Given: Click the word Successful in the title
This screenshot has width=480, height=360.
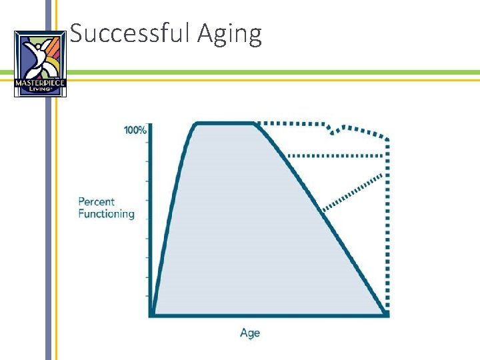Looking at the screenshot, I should pyautogui.click(x=131, y=33).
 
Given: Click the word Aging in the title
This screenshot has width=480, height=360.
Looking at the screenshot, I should pyautogui.click(x=229, y=34).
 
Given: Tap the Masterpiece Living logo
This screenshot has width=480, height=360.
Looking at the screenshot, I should pyautogui.click(x=41, y=64).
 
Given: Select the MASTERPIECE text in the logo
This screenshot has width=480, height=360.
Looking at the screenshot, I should pyautogui.click(x=41, y=83).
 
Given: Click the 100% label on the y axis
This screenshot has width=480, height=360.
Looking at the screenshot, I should pyautogui.click(x=135, y=130).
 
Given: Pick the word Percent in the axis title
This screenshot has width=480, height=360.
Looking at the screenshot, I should pyautogui.click(x=97, y=201).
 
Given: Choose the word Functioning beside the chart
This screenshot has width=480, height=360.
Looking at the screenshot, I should pyautogui.click(x=106, y=214).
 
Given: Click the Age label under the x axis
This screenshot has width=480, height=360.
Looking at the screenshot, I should pyautogui.click(x=250, y=333).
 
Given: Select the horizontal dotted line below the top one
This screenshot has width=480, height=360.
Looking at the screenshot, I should pyautogui.click(x=337, y=155).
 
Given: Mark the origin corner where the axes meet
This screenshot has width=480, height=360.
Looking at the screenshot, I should pyautogui.click(x=151, y=313).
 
